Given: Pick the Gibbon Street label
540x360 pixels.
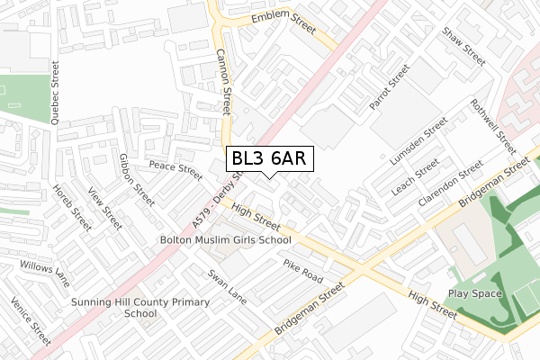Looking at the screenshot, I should (x=131, y=178).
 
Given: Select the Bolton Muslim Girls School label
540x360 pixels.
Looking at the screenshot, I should (x=225, y=240).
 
